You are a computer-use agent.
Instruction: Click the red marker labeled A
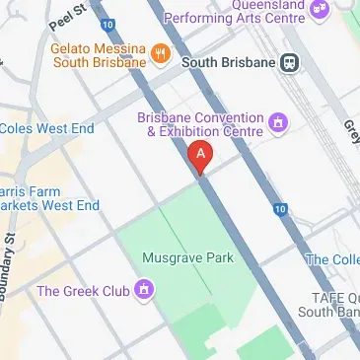pos(200,156)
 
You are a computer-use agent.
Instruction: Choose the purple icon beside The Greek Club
pos(145,290)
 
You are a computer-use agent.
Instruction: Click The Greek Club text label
pos(83,291)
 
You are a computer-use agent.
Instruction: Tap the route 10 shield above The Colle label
pos(282,209)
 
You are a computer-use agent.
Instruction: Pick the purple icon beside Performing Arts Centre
pos(319,10)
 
